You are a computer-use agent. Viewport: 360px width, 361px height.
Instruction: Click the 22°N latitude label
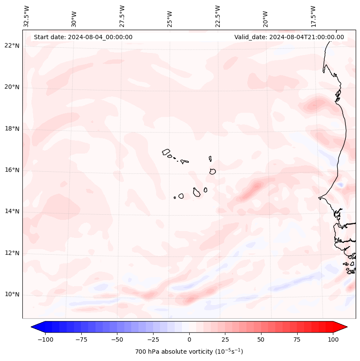click(x=12, y=46)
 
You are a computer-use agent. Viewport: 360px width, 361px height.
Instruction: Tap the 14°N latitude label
click(x=12, y=211)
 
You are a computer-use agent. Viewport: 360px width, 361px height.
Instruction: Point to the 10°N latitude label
click(x=12, y=294)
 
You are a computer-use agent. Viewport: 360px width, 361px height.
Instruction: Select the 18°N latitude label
click(x=12, y=129)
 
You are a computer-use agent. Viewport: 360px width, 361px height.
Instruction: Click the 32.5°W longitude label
click(x=27, y=16)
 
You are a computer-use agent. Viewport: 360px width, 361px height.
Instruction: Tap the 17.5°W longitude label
click(x=313, y=16)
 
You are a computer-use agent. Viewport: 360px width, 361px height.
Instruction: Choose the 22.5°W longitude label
click(x=218, y=16)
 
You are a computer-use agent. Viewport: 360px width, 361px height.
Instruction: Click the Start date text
click(x=83, y=37)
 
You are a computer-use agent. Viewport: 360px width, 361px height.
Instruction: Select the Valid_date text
click(x=289, y=37)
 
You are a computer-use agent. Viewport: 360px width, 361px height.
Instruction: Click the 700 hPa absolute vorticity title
click(x=189, y=352)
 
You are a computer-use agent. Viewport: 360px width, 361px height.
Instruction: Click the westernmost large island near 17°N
click(x=166, y=152)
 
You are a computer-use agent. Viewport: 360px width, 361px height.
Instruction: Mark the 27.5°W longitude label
click(x=122, y=16)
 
